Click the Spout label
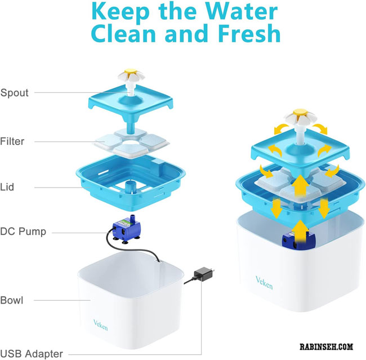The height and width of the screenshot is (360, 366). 14,92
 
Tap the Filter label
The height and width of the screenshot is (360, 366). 13,141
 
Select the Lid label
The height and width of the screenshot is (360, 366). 8,186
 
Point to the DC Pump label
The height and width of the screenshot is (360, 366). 24,231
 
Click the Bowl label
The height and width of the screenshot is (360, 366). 12,300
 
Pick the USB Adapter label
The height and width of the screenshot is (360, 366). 32,354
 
